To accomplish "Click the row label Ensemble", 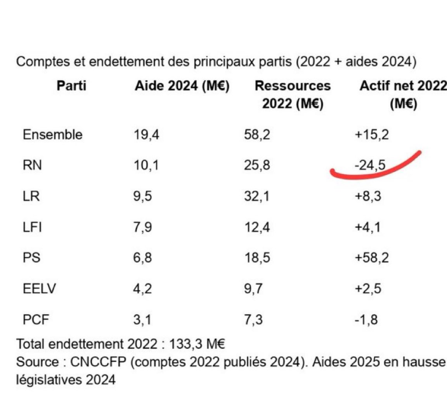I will (52, 135).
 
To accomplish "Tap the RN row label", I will (32, 165).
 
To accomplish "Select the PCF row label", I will (36, 320).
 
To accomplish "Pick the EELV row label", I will (39, 289).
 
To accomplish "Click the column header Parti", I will (71, 86).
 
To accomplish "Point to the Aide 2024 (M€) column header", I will (182, 86).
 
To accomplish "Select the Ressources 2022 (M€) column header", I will (293, 95).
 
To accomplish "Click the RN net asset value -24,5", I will (370, 165).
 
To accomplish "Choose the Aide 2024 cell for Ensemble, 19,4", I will (146, 135).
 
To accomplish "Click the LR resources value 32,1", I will (257, 196).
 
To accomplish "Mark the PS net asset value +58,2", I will (371, 258).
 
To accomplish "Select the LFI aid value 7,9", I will (142, 227).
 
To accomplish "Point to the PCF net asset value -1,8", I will (366, 320).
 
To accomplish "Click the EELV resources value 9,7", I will (253, 289).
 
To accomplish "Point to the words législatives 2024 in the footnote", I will (66, 379).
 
